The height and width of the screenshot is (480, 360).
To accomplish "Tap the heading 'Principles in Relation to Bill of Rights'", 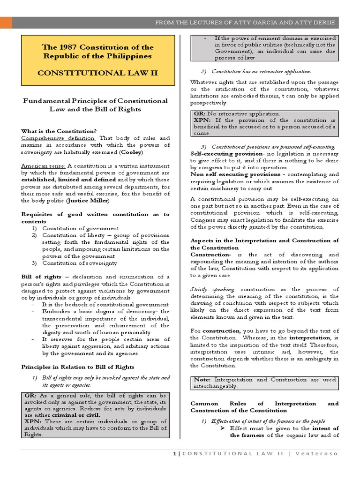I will click(78, 367).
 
